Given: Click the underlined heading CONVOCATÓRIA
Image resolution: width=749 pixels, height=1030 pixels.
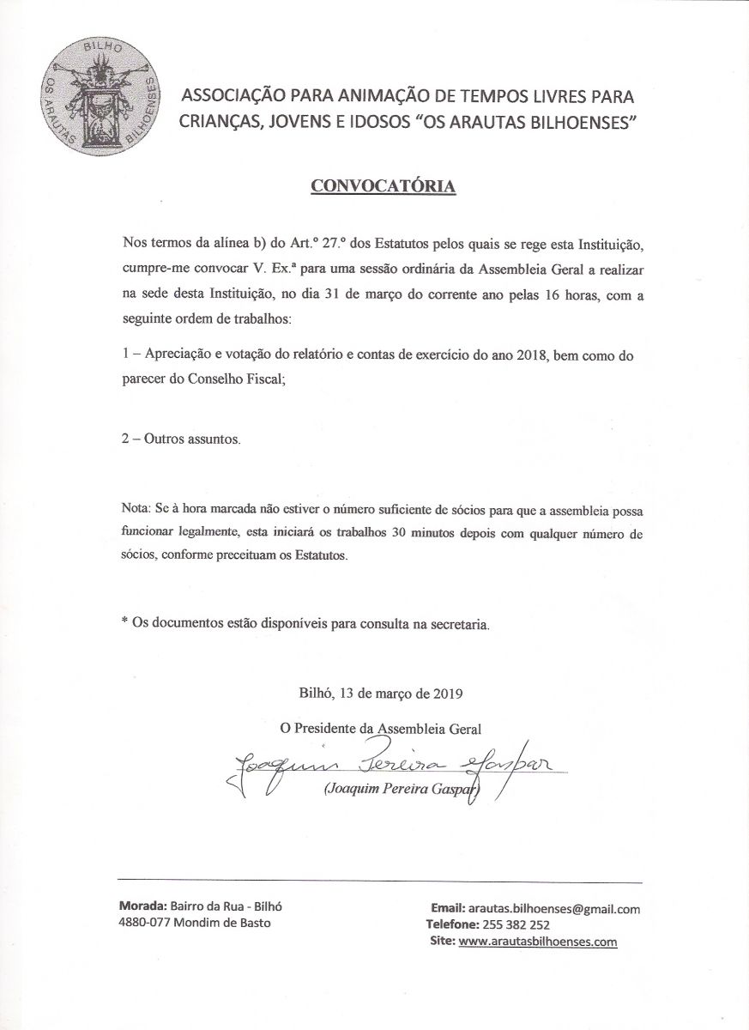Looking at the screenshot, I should [382, 186].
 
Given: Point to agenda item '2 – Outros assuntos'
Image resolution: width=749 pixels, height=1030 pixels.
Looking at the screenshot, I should [181, 439].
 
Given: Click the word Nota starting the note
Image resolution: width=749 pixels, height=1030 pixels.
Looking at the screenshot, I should [135, 511].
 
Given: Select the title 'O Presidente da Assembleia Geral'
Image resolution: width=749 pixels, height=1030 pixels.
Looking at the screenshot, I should [382, 728].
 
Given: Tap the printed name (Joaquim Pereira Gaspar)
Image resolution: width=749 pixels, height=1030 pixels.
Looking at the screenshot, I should [402, 791].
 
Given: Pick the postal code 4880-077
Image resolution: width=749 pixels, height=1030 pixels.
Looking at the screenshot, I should [142, 924].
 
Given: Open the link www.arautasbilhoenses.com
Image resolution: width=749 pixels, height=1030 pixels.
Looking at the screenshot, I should [538, 942].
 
